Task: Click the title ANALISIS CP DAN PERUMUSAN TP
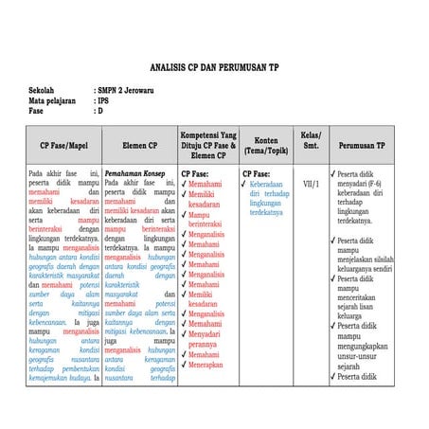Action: point(214,68)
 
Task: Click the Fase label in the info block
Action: point(37,110)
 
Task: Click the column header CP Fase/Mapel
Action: point(63,147)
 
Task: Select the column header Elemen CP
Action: point(139,147)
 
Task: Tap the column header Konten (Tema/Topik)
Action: point(266,147)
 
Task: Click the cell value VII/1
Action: point(311,183)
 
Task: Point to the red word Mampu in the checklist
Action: point(199,214)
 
